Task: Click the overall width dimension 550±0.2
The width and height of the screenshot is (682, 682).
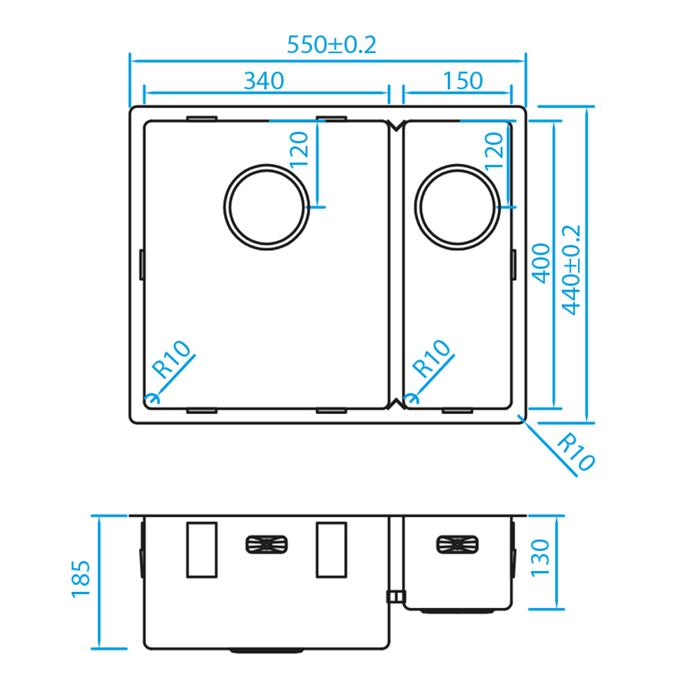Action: (x=331, y=45)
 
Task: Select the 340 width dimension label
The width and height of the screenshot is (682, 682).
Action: (x=264, y=80)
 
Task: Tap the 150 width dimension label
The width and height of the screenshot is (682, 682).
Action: (x=463, y=80)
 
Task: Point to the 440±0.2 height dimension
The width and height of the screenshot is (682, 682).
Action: (x=571, y=269)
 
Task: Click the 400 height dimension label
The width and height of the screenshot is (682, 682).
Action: (x=541, y=261)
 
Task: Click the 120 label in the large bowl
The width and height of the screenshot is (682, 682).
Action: (x=299, y=150)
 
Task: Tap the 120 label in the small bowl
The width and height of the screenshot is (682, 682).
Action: (x=493, y=150)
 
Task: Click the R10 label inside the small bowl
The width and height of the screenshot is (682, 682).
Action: (x=432, y=358)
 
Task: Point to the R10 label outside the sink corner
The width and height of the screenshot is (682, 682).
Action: (x=575, y=453)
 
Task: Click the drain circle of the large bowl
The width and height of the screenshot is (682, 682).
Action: (x=267, y=206)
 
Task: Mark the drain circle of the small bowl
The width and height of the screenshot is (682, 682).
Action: (x=457, y=206)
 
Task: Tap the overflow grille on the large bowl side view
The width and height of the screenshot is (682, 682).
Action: (x=266, y=545)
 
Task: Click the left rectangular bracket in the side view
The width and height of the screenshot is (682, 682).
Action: (x=202, y=550)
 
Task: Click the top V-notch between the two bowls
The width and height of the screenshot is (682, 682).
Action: (x=396, y=126)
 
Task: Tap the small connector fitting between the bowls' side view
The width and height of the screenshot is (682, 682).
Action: (x=394, y=596)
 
